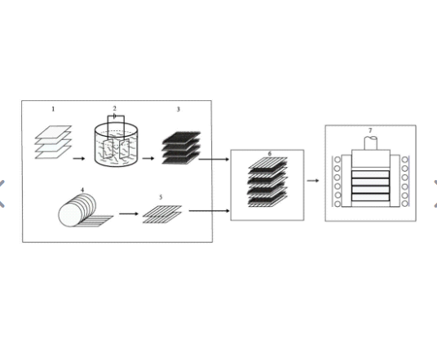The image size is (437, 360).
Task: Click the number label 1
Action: click(53, 109)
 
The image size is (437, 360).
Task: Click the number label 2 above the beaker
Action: click(114, 108)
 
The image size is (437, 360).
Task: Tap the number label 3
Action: click(178, 109)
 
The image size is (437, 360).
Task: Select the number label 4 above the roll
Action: click(82, 190)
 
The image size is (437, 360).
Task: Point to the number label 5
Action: click(161, 197)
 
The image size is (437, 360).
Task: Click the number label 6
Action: click(270, 154)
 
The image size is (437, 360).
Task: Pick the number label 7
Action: click(370, 130)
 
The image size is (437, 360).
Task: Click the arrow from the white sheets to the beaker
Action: click(79, 159)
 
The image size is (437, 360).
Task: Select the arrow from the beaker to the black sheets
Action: click(148, 159)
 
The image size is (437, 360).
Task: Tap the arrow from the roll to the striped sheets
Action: click(129, 213)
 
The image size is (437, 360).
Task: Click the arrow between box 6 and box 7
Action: click(313, 181)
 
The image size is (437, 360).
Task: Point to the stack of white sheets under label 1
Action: click(53, 142)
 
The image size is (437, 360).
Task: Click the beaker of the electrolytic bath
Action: click(116, 145)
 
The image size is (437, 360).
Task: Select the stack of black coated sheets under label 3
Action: click(181, 147)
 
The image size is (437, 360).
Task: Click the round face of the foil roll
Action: click(69, 215)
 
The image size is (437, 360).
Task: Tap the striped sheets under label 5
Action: click(162, 214)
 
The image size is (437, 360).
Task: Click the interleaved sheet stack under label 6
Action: click(267, 182)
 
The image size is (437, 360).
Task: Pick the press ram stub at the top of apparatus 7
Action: click(371, 143)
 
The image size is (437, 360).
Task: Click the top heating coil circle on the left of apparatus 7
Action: click(338, 160)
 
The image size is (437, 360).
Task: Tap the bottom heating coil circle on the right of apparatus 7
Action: click(404, 204)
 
